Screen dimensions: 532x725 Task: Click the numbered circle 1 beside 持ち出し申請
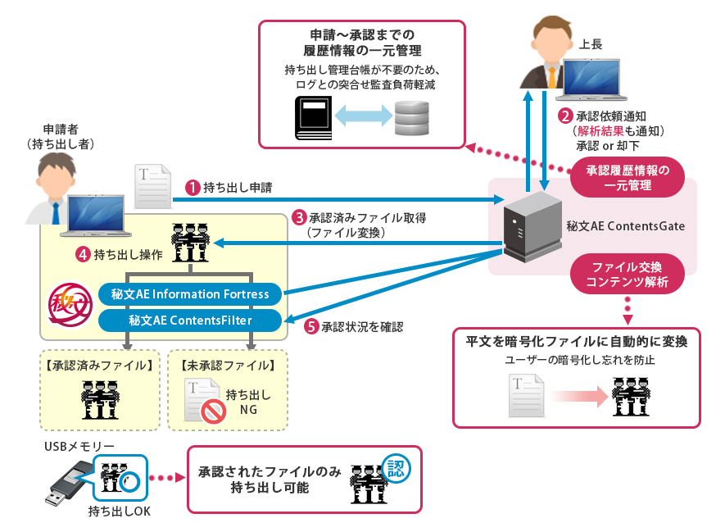[x=191, y=188]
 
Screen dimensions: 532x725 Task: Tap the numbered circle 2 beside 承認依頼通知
[x=564, y=116]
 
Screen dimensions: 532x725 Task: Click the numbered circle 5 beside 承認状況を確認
[x=310, y=326]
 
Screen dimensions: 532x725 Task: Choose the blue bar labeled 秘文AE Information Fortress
[x=189, y=293]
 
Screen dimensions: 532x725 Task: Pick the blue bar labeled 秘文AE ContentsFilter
[x=189, y=320]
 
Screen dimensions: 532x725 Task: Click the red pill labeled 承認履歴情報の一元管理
[x=628, y=178]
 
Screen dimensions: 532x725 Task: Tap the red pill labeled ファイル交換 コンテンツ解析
[x=628, y=275]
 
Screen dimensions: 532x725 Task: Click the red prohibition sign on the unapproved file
[x=214, y=409]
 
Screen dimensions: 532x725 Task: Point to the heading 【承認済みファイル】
[x=99, y=365]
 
